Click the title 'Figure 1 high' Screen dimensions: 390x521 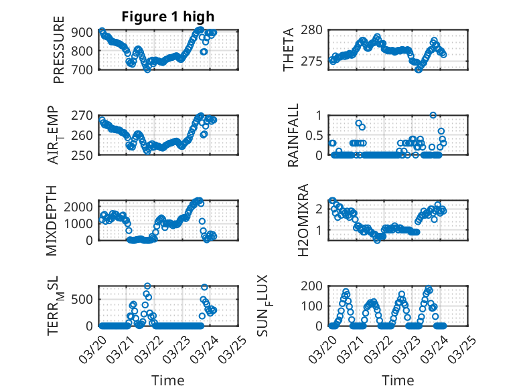[x=167, y=17]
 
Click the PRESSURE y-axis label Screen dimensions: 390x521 [x=58, y=50]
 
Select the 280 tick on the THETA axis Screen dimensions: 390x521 [x=315, y=29]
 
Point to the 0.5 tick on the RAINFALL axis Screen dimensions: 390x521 [x=314, y=135]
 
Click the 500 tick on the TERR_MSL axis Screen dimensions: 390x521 [x=84, y=298]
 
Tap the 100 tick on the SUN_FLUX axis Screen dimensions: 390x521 [x=315, y=306]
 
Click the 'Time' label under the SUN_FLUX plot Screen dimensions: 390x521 [x=398, y=380]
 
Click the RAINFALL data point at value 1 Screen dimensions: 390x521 [x=433, y=115]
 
